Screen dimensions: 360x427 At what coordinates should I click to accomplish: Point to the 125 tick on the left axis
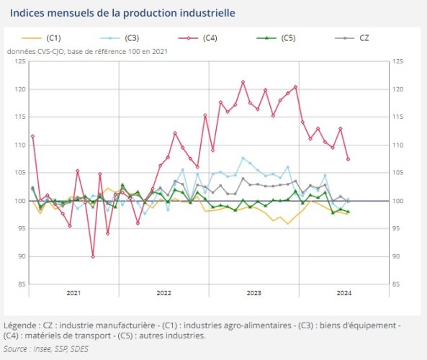coord(20,62)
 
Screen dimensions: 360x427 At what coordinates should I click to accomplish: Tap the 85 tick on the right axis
coord(397,284)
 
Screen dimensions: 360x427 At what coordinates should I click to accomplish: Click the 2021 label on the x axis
coord(73,293)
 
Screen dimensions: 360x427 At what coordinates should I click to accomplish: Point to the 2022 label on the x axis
coord(163,293)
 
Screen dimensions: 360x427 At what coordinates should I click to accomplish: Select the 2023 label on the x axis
coord(253,293)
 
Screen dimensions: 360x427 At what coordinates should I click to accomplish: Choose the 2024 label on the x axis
coord(343,293)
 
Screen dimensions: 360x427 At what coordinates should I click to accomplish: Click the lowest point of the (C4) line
coord(93,256)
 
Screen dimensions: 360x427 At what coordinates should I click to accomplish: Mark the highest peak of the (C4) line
coord(243,82)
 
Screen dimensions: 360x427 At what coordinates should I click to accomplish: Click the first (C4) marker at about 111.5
coord(32,136)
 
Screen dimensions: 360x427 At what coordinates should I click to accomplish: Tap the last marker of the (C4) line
coord(348,159)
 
